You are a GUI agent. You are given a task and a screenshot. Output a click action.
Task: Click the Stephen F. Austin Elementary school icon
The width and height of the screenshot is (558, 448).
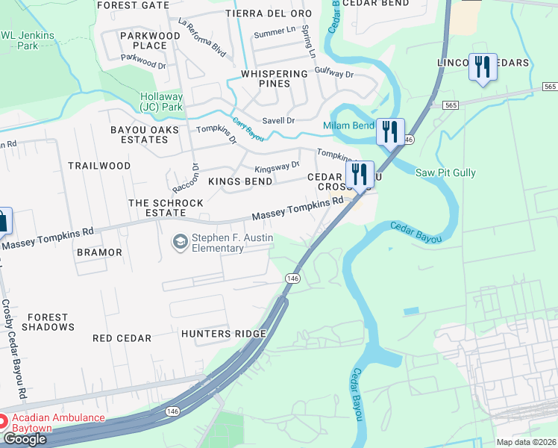180,241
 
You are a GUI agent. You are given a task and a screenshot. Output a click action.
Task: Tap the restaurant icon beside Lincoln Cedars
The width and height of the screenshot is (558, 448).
483,67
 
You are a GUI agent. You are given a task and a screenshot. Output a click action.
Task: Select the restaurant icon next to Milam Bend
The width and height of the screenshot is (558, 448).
390,132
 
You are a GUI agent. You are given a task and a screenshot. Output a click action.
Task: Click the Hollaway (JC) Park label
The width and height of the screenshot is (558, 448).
161,102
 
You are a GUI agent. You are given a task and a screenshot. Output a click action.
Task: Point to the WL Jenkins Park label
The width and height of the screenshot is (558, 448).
19,40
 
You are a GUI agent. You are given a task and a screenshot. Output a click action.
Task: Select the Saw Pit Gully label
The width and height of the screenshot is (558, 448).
445,173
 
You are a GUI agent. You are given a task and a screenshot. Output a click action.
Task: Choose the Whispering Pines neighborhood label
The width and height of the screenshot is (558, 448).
275,78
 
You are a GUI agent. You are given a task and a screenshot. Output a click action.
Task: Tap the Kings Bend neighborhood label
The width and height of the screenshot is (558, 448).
240,181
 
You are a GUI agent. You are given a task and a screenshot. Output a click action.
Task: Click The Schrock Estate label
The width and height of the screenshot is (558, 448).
166,208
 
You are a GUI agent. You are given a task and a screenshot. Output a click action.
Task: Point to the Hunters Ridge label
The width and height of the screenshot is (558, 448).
224,334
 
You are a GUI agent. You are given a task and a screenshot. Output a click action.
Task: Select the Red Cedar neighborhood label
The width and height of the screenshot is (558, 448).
122,338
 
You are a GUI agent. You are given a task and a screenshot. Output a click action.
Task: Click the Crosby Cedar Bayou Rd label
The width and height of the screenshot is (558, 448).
13,348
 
